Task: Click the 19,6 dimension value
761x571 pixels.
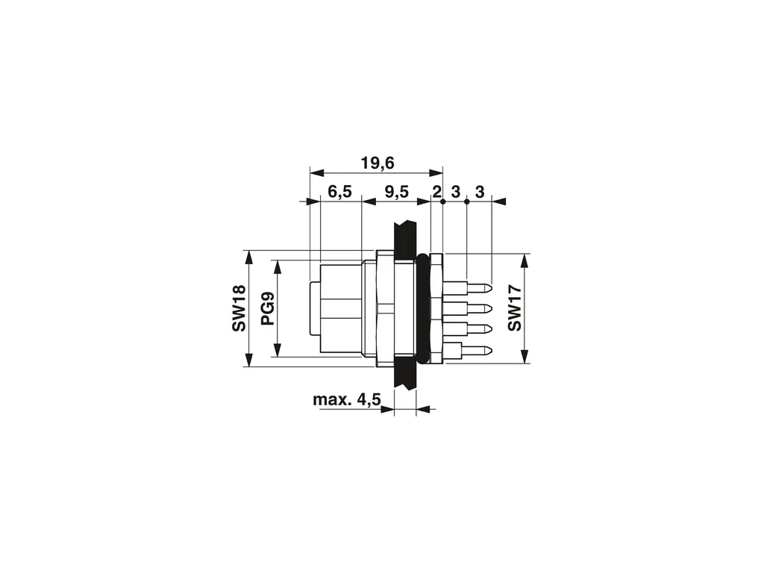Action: (377, 163)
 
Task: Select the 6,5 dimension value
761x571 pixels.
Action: (339, 192)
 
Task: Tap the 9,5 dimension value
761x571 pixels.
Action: (396, 192)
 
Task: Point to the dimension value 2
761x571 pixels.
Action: (436, 192)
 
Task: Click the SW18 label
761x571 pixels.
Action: (239, 309)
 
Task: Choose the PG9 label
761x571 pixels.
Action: (268, 309)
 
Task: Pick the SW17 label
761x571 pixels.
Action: (515, 309)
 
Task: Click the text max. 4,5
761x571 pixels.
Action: (346, 400)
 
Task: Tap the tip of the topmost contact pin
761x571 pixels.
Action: (492, 288)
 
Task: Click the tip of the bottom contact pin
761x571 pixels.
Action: (492, 351)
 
